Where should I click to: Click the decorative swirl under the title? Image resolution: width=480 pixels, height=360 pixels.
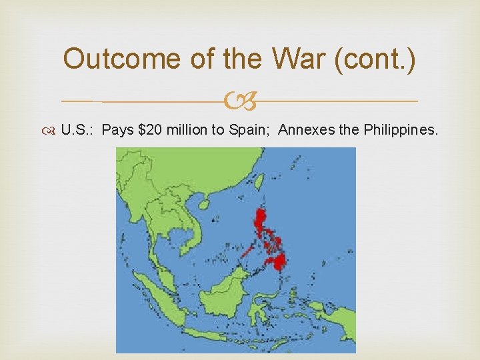click(239, 101)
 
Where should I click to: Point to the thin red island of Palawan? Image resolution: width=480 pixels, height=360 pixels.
click(246, 251)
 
